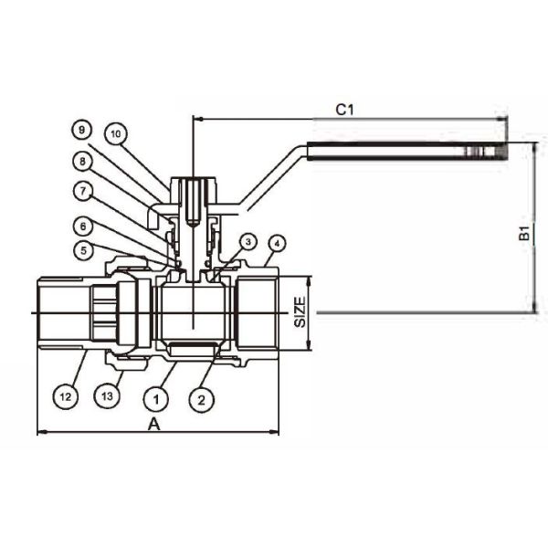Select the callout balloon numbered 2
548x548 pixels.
[202, 399]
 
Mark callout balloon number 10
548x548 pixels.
[114, 132]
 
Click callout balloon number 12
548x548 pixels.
[64, 397]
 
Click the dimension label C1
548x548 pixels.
[343, 110]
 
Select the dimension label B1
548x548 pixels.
[525, 232]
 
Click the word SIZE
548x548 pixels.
[300, 313]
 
